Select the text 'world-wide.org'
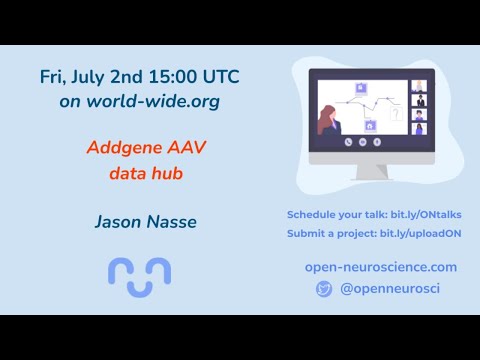(159, 101)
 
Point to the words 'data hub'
(140, 172)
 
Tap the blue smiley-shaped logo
(139, 275)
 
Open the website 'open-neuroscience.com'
(381, 267)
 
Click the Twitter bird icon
(323, 289)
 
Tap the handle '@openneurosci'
(390, 289)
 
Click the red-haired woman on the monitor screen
(328, 119)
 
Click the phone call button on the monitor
(349, 141)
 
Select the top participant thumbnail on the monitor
(418, 86)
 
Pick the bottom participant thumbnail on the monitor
(418, 128)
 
